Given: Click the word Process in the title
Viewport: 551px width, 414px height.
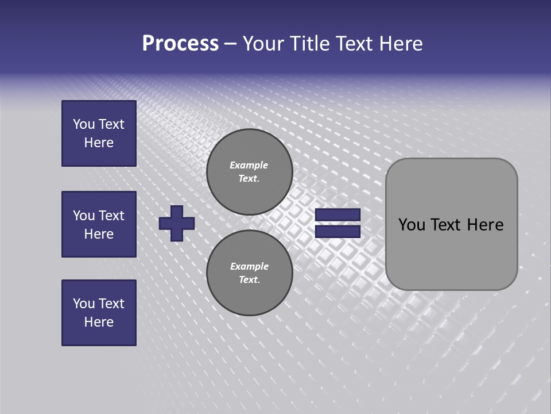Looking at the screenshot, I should [x=180, y=44].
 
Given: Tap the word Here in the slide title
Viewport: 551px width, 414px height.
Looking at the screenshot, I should [x=401, y=44].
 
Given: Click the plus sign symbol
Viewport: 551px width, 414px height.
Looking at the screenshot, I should [x=177, y=223].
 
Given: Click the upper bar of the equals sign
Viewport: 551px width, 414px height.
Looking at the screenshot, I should [x=338, y=215].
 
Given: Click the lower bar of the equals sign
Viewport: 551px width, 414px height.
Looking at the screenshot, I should [x=338, y=232].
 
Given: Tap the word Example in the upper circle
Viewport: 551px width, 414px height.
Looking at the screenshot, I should [x=249, y=165].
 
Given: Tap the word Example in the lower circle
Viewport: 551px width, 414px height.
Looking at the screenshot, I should [x=249, y=266].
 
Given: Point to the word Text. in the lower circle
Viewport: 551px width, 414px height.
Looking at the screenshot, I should [x=249, y=280].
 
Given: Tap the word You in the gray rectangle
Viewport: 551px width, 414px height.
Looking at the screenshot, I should [x=412, y=225].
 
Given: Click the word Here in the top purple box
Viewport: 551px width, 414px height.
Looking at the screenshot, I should [x=99, y=143].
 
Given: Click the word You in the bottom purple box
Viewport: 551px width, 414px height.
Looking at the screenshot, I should [x=84, y=304].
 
